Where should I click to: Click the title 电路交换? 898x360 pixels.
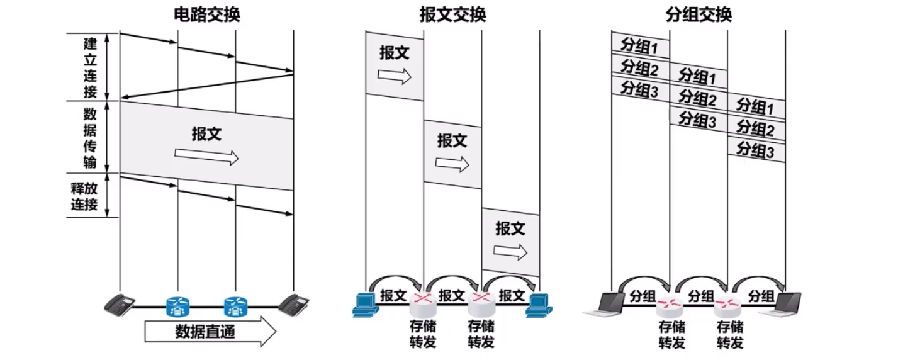click(207, 14)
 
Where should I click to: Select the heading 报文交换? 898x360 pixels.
click(452, 14)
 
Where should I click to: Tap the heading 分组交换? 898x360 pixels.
click(699, 14)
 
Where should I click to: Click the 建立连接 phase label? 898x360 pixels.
click(91, 67)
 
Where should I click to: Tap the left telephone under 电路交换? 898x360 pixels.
click(120, 305)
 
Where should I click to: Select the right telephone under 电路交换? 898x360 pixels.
click(293, 305)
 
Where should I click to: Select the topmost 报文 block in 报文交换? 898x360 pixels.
click(395, 65)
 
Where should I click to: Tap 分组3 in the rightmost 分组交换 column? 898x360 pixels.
click(756, 150)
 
